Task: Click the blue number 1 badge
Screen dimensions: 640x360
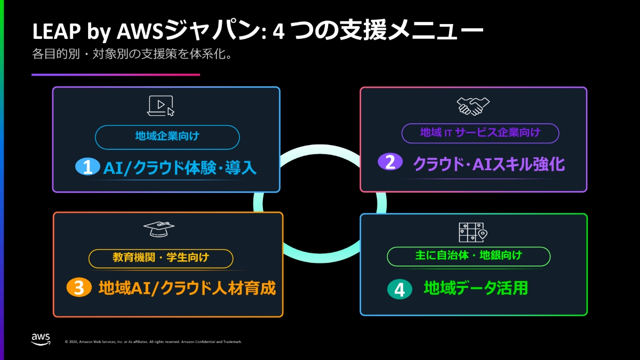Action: [x=87, y=166]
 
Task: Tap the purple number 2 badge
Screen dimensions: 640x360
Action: [x=390, y=162]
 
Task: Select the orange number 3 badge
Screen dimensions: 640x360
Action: [x=79, y=287]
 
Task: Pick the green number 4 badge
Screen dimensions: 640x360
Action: [x=399, y=289]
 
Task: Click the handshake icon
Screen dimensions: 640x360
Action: [x=473, y=106]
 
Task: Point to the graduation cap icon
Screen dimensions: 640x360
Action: [x=159, y=229]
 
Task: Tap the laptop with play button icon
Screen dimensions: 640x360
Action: [x=161, y=106]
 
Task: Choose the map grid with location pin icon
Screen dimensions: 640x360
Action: [x=473, y=233]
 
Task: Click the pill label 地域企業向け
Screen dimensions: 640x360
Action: [x=167, y=137]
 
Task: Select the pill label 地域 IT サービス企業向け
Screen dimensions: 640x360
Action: [x=481, y=133]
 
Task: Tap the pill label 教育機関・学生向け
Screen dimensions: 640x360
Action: [x=161, y=259]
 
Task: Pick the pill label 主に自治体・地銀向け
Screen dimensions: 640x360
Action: [x=469, y=257]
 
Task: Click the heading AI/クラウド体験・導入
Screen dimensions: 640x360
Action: [x=180, y=167]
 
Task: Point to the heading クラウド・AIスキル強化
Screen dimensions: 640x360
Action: [x=489, y=164]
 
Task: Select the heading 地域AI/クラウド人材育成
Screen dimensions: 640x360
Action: [x=187, y=288]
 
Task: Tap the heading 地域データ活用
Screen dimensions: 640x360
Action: [x=476, y=288]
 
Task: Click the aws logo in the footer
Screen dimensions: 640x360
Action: [x=41, y=339]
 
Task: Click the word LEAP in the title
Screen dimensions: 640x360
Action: [x=57, y=31]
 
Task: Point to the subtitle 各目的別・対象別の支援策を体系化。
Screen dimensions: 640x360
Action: [x=132, y=54]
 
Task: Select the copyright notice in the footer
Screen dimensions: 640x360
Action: [x=153, y=342]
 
